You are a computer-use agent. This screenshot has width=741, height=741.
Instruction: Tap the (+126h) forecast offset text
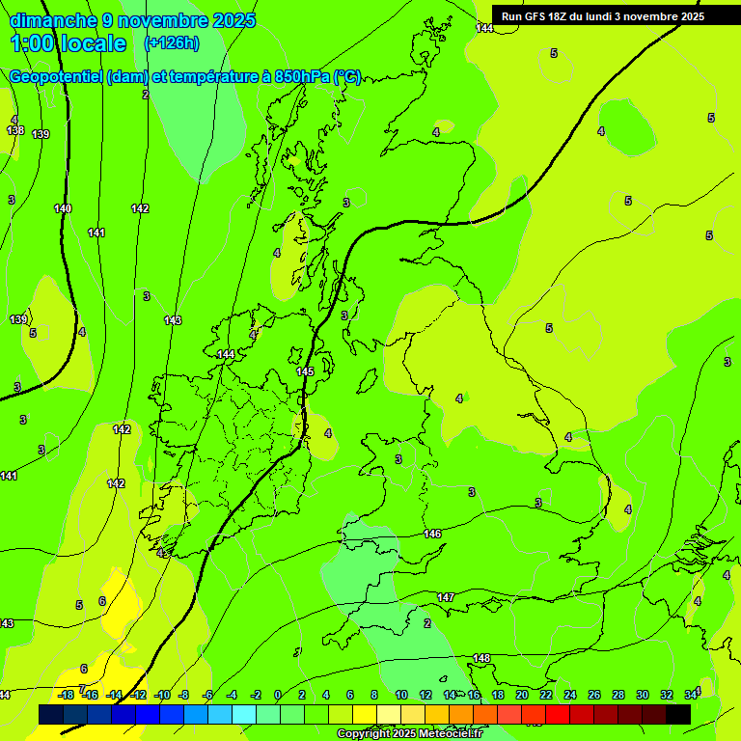click(171, 42)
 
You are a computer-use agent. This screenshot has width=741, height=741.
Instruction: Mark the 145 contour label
click(305, 371)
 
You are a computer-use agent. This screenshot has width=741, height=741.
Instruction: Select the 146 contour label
click(432, 534)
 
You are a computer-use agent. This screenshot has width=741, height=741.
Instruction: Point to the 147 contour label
click(446, 598)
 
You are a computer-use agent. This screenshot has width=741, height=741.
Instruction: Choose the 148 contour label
click(481, 659)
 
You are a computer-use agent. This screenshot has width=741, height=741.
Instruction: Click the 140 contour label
click(63, 208)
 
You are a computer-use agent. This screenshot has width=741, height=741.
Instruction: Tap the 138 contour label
click(14, 130)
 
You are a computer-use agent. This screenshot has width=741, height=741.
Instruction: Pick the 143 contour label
click(172, 320)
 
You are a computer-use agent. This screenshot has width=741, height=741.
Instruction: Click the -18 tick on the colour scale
click(67, 695)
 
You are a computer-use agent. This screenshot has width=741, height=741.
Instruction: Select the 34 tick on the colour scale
click(691, 695)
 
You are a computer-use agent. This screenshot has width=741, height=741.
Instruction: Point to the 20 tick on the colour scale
click(522, 695)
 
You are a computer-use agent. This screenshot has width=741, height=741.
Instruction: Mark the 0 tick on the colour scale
click(277, 695)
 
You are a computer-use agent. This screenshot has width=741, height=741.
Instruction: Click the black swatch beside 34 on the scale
click(677, 714)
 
